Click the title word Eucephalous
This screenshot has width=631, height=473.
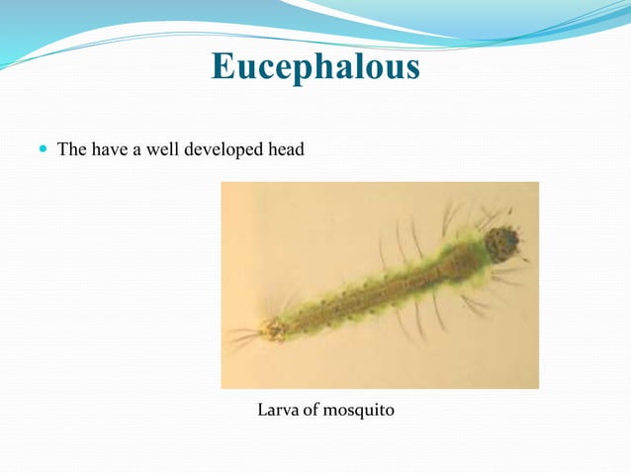point(315,67)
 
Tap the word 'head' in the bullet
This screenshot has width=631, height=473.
point(286,150)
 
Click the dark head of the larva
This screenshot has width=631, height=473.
point(504,241)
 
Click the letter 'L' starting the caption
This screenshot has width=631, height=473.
point(263,409)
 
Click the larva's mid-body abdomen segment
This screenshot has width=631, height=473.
point(376,292)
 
